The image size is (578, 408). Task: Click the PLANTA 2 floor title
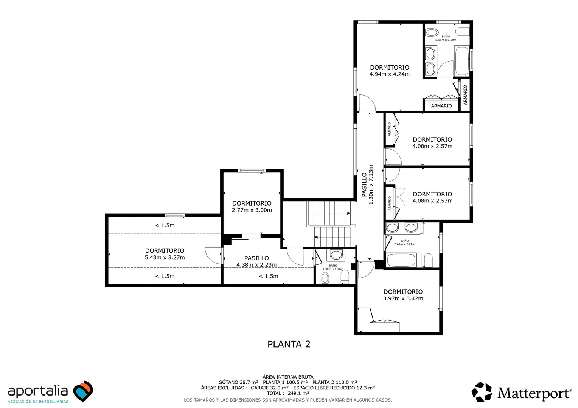289,344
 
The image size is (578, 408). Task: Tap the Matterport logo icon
482,392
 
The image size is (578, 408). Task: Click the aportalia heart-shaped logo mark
83,391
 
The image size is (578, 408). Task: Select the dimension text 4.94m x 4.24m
389,74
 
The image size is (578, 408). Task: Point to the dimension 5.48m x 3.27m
165,257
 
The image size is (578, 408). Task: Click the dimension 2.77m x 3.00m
252,210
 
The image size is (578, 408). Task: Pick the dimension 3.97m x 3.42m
403,298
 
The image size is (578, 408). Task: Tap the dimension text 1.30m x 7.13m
371,185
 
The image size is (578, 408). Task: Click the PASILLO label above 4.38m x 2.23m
256,258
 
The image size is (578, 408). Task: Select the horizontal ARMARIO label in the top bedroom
441,106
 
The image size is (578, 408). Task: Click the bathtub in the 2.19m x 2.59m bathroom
461,61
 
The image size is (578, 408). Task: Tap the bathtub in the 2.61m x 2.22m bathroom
402,260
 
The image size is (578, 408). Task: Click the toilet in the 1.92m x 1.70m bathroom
345,277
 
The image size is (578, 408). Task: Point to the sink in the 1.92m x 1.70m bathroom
336,255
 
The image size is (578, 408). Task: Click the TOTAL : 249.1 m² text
288,393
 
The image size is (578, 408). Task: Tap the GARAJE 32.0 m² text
270,388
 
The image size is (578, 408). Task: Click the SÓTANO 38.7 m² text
238,382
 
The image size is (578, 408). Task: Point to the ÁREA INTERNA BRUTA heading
288,377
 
